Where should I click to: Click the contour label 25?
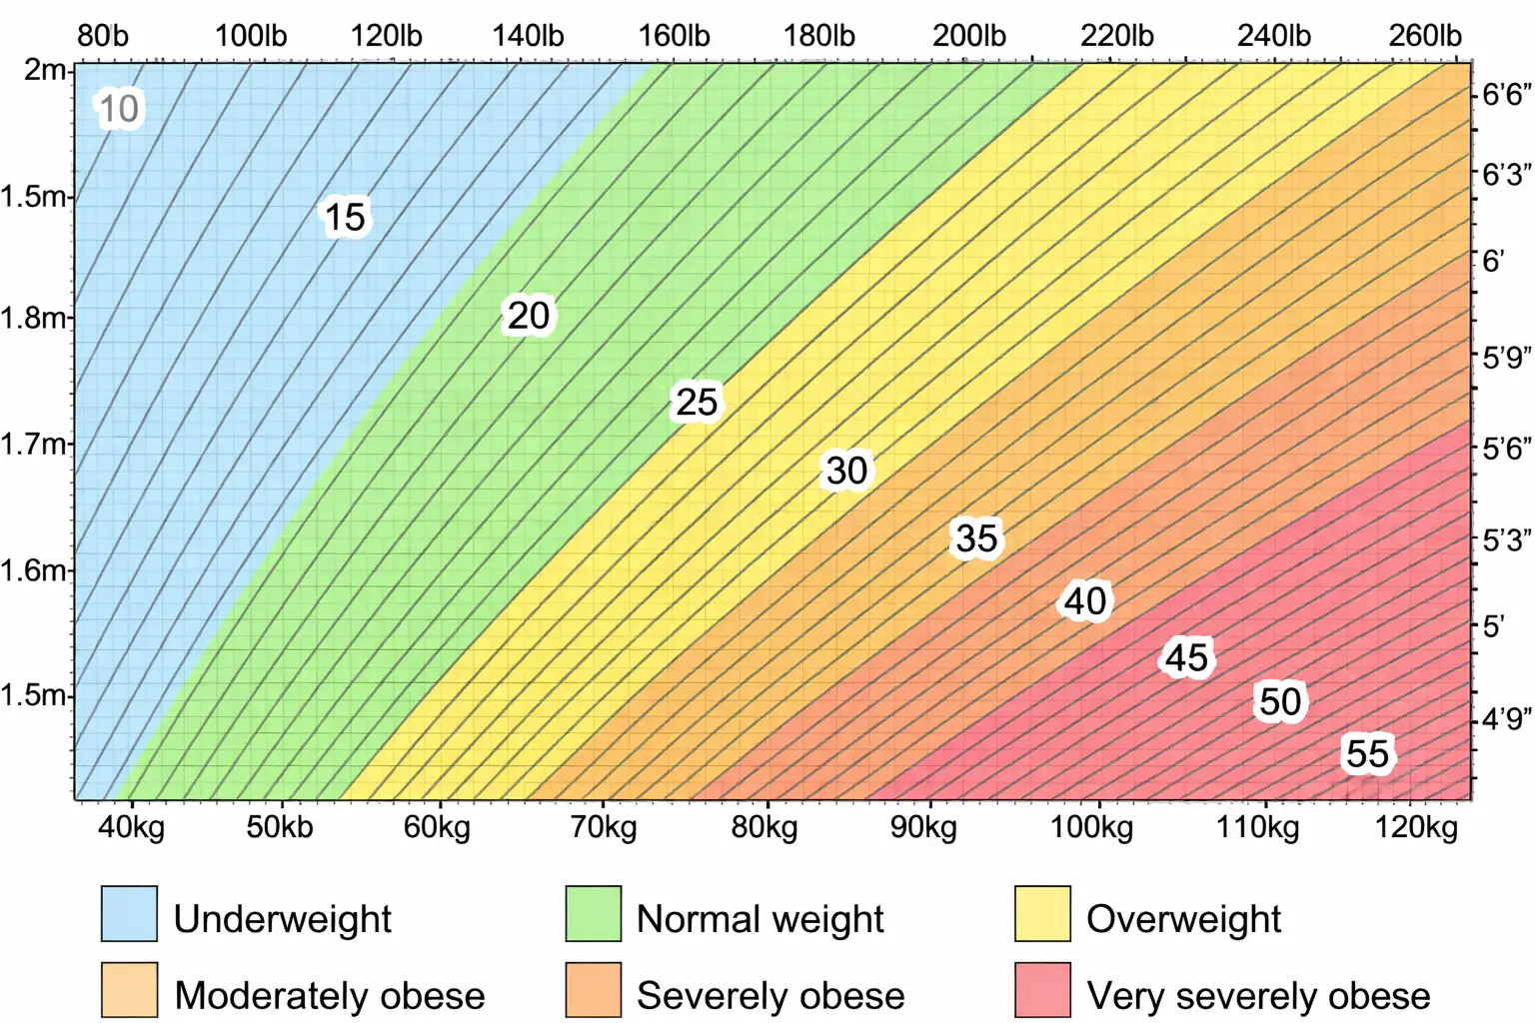697,403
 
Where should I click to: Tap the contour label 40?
1084,601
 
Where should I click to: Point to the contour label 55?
1367,754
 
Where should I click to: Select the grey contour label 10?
119,109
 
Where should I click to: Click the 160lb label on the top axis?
674,36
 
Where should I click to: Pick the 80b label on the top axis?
103,36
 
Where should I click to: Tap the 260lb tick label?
1424,36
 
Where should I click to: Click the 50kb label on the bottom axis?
280,827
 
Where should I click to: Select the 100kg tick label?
1091,827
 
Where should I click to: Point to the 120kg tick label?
1416,827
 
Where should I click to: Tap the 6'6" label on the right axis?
1506,95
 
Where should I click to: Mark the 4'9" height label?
1506,718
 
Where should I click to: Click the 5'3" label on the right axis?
1506,540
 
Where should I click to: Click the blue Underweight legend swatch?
129,913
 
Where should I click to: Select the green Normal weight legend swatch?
593,913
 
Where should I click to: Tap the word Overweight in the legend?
1183,919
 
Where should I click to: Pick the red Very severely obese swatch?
1042,990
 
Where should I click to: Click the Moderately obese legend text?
329,996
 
